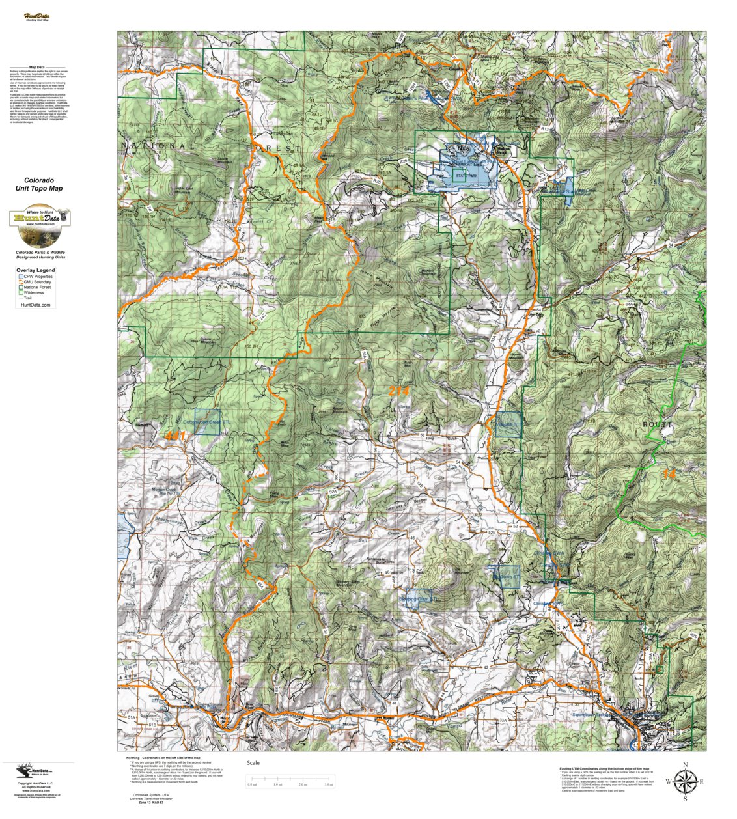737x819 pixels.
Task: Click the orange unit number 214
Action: [x=399, y=391]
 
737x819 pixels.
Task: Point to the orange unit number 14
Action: [x=669, y=473]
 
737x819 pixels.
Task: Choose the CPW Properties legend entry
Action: [x=37, y=277]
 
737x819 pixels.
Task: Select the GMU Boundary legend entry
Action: [x=37, y=282]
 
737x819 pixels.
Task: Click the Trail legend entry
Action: [x=30, y=298]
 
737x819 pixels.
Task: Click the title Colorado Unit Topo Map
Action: [x=39, y=184]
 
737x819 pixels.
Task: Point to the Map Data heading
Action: [x=37, y=67]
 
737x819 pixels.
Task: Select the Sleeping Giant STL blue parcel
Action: [x=419, y=598]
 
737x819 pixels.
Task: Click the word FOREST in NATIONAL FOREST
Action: [x=273, y=149]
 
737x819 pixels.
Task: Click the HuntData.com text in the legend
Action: [x=36, y=305]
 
